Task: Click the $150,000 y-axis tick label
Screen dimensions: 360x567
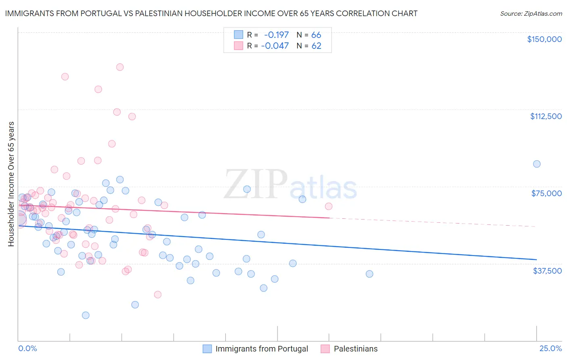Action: [544, 39]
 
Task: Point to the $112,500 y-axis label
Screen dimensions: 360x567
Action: [546, 116]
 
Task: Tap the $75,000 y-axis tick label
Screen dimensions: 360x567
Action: [546, 193]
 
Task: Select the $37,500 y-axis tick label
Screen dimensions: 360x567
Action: [547, 271]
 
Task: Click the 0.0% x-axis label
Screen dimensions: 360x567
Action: [27, 349]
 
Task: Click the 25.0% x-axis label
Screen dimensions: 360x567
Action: [550, 349]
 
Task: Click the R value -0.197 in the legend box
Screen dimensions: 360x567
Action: [276, 35]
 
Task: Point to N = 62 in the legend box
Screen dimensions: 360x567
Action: [309, 46]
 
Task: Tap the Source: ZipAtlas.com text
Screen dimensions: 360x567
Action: [531, 14]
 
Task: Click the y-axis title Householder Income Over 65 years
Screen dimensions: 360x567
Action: [11, 184]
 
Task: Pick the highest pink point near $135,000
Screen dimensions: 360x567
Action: [120, 67]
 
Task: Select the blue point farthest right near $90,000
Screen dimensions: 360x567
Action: [537, 164]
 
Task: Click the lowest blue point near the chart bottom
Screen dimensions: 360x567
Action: [85, 315]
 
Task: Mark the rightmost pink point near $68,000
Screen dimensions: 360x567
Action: [329, 206]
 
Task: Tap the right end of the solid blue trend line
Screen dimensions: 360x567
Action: [536, 259]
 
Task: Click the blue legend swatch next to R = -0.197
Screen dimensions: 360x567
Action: [239, 35]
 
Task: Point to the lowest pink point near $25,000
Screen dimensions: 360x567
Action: [158, 295]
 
